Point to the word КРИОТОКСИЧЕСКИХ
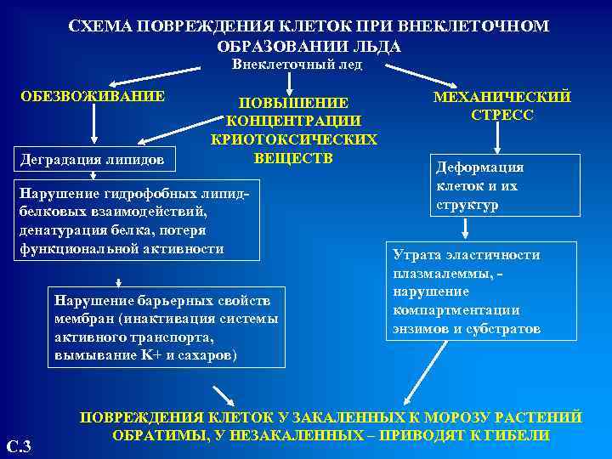294,139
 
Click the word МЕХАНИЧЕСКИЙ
502,96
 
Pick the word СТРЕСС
501,114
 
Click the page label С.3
19,445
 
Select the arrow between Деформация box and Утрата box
467,228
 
